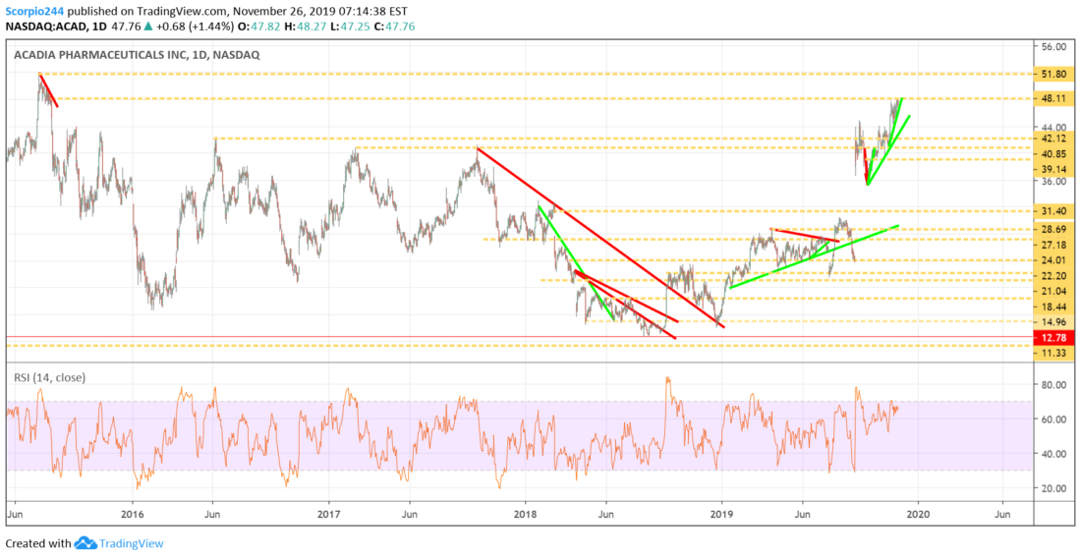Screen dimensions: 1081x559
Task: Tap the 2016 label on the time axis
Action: click(x=132, y=514)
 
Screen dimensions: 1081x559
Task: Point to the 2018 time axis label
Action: click(x=526, y=514)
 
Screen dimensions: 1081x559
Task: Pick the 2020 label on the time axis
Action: click(x=918, y=514)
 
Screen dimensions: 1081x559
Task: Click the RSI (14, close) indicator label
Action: click(x=50, y=377)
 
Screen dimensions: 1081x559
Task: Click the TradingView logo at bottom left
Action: click(x=119, y=543)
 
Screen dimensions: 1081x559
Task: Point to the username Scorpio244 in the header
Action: click(x=33, y=11)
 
